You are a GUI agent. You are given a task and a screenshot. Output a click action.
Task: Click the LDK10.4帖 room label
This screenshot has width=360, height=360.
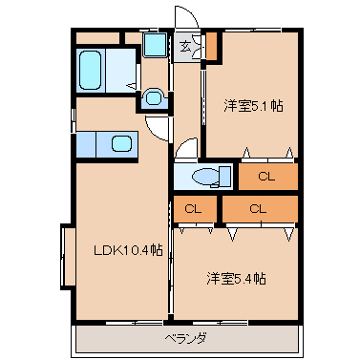point(128,250)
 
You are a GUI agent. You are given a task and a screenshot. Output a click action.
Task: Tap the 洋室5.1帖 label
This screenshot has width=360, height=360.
point(253,106)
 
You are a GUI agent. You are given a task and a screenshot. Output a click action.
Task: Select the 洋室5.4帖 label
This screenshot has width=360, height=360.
point(236,279)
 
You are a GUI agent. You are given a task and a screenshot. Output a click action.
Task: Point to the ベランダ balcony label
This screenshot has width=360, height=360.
point(186,338)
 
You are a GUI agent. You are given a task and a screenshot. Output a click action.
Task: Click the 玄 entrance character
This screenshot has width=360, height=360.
point(185,47)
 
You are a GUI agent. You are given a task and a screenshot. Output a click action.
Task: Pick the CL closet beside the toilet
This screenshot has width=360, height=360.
point(268,176)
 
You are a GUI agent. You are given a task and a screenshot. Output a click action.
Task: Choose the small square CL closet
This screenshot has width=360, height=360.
point(195,209)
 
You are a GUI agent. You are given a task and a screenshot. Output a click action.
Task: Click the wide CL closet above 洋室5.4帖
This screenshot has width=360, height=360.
point(260,209)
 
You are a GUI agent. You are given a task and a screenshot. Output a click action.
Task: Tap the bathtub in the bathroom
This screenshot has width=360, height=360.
point(91,71)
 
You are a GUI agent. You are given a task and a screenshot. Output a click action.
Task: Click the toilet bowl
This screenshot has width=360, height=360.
point(206,177)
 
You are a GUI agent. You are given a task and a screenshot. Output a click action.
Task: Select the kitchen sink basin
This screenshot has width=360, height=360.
point(121,144)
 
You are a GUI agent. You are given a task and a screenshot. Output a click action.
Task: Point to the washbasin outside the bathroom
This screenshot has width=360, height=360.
point(154,98)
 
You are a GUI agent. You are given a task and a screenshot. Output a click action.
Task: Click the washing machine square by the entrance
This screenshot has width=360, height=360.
point(155,45)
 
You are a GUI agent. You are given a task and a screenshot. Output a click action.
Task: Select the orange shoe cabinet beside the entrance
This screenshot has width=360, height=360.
point(211,46)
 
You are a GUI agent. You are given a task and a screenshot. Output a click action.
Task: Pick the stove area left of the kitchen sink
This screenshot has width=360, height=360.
point(86,144)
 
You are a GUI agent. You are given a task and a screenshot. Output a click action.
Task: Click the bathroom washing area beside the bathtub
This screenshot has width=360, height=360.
point(120,71)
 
